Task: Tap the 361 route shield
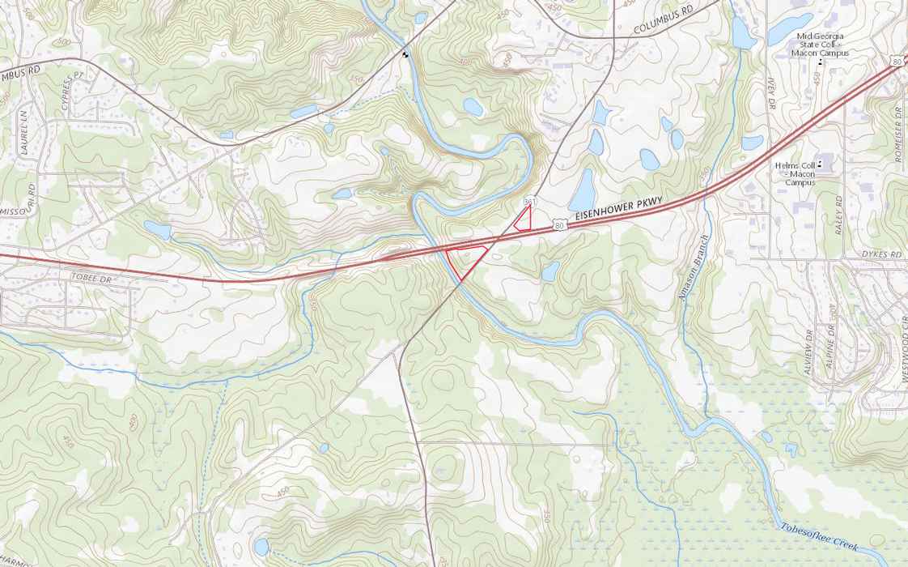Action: [530, 199]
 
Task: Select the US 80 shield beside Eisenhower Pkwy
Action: [559, 227]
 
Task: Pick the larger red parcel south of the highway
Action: [465, 259]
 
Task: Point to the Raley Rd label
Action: [838, 215]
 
